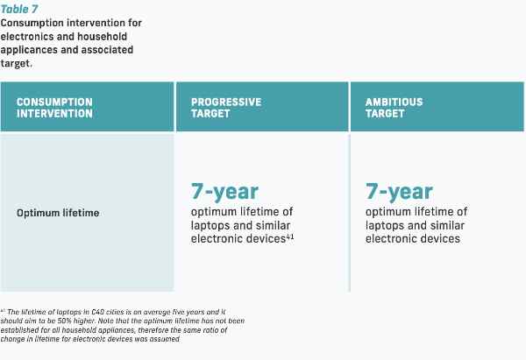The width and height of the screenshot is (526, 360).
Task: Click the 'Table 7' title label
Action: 19,9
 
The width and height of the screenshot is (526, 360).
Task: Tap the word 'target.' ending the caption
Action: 17,63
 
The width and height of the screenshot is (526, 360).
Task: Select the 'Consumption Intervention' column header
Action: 54,108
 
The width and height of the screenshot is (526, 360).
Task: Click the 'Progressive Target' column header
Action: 226,108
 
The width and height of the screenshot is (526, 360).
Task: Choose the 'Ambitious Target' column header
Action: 394,108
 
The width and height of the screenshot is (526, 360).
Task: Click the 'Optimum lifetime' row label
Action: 58,213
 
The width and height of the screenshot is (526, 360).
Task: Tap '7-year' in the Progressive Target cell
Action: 224,192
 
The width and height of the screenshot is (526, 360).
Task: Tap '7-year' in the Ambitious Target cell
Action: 399,192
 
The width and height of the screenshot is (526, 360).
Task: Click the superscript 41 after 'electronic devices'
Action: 290,236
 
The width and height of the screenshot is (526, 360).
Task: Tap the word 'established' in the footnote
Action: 16,330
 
